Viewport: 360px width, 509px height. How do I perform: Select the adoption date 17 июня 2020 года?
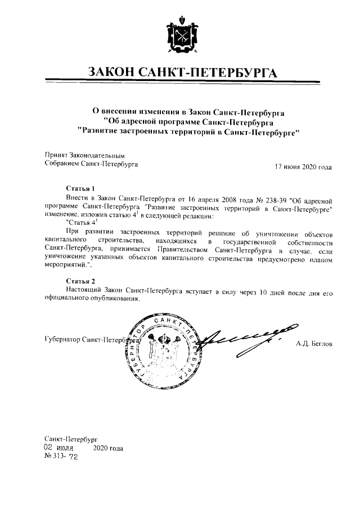(x=303, y=166)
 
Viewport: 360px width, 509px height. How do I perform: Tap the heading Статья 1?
(x=77, y=188)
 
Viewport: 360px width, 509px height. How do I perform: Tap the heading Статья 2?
(x=77, y=280)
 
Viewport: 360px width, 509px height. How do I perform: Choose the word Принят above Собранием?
(x=56, y=155)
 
